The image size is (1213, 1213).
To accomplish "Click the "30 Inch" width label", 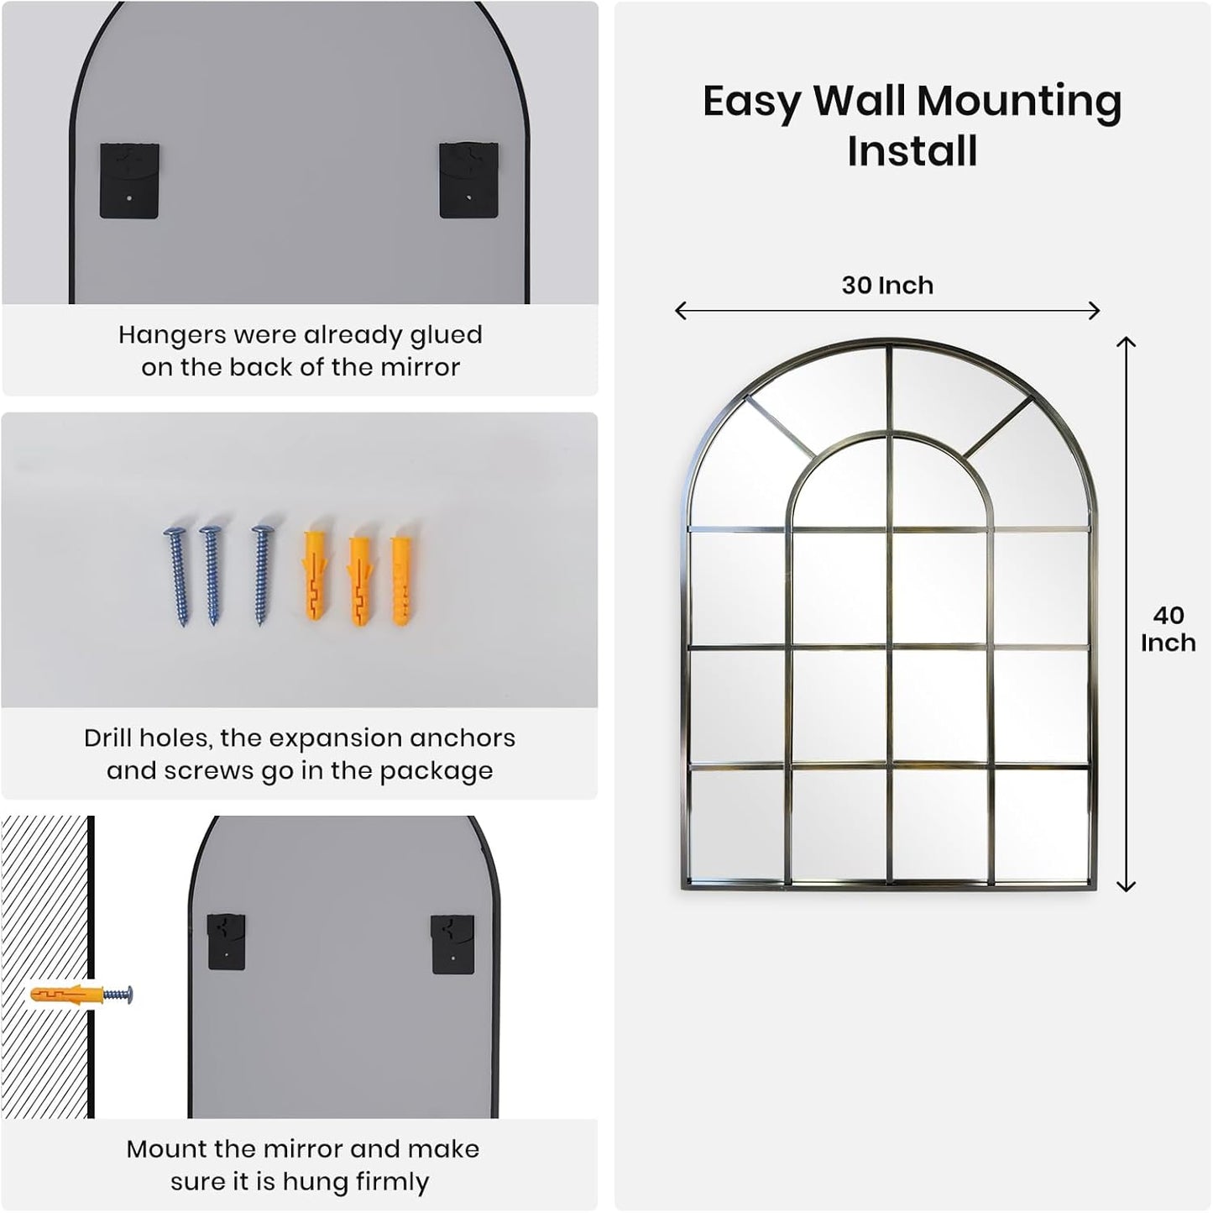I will (x=887, y=286).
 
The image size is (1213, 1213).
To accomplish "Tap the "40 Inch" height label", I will (x=1168, y=629).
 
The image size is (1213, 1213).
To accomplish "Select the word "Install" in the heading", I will (x=912, y=151).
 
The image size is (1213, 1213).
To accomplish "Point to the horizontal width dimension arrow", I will (x=887, y=311).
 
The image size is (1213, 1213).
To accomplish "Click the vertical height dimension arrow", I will (x=1126, y=614).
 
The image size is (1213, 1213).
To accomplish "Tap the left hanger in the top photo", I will (x=129, y=181).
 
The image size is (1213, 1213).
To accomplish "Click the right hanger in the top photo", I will (x=468, y=181).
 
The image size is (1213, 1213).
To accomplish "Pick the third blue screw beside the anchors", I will (x=262, y=575).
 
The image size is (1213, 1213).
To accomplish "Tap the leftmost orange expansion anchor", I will (x=317, y=571).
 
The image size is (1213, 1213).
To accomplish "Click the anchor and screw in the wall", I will (x=81, y=995).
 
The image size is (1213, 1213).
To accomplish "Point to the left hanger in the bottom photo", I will (x=226, y=941).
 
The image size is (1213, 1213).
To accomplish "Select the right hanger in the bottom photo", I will (x=452, y=943).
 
